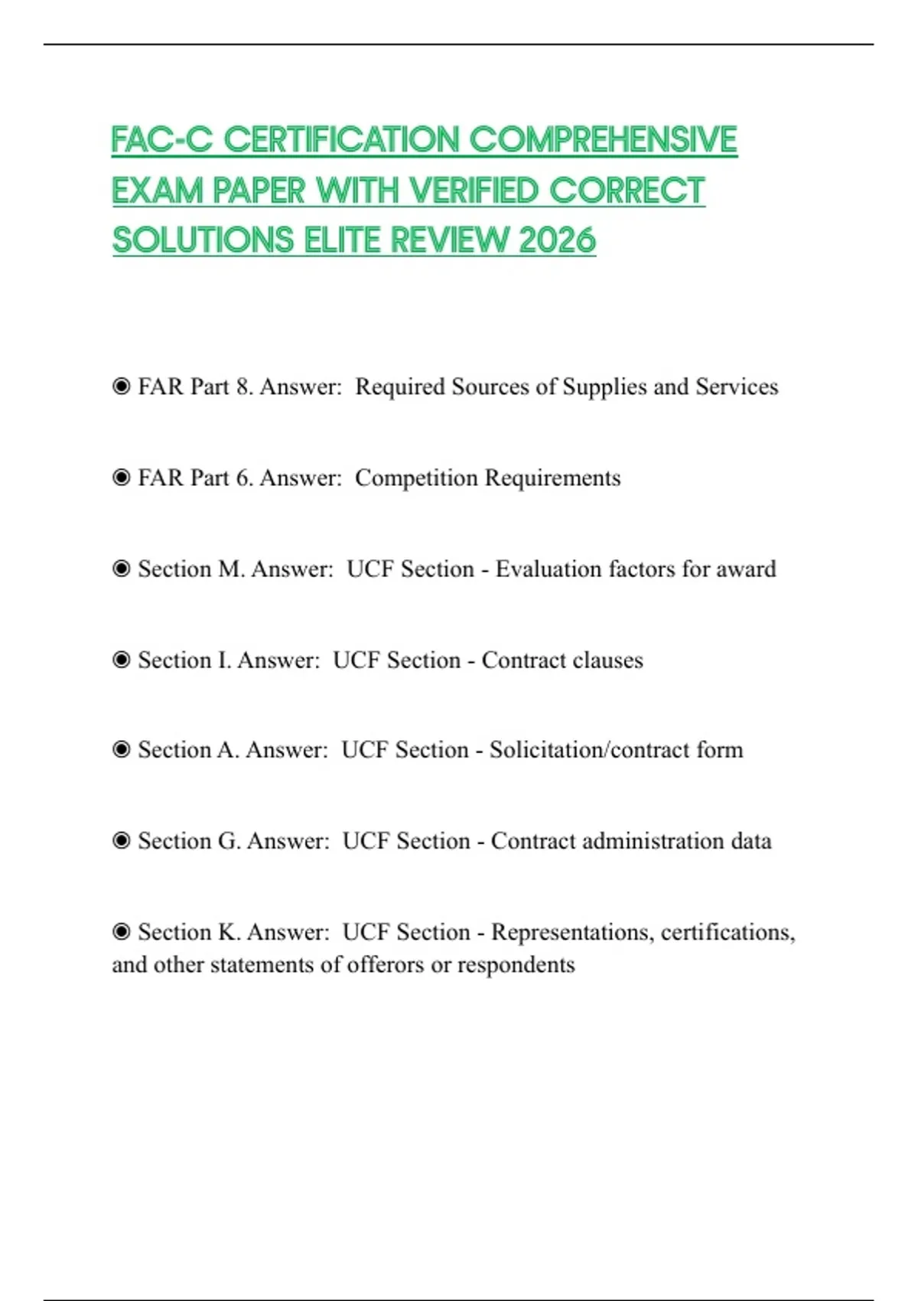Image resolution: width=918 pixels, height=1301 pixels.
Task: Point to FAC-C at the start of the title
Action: [x=161, y=140]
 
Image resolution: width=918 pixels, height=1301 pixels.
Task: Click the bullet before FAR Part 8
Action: [x=121, y=386]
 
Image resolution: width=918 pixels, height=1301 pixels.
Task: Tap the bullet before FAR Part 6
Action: [x=121, y=478]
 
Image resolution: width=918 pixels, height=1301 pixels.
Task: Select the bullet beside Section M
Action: [x=121, y=569]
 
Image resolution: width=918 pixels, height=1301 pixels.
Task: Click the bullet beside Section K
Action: [x=121, y=931]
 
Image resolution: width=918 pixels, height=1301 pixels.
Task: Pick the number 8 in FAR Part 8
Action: [x=243, y=386]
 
